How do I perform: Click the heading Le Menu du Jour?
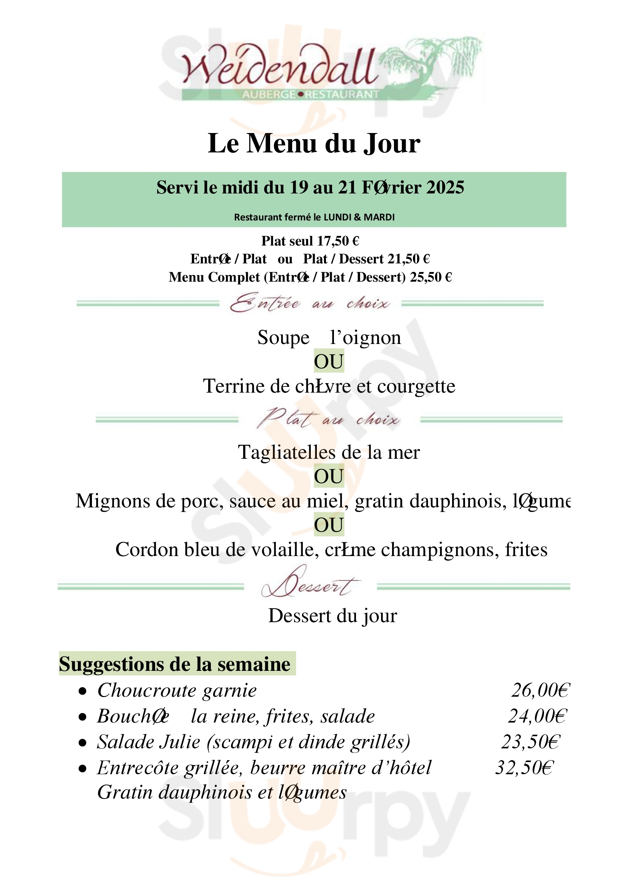click(x=314, y=144)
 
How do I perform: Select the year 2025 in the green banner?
click(x=445, y=188)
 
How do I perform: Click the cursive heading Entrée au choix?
click(x=310, y=303)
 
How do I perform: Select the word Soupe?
click(x=283, y=338)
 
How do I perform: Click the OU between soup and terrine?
click(x=329, y=361)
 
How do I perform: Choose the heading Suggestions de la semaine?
click(x=175, y=664)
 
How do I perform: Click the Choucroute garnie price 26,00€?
click(x=540, y=690)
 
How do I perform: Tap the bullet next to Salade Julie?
click(x=82, y=743)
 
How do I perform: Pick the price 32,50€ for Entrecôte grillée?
click(x=525, y=768)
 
